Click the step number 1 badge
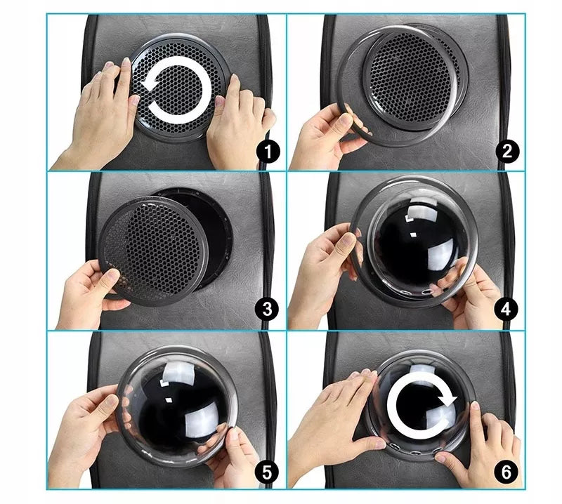[x=268, y=152]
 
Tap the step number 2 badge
[x=507, y=152]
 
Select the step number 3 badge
[x=268, y=309]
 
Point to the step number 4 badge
[x=506, y=309]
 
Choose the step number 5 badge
[x=267, y=472]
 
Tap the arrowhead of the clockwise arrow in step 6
[x=447, y=398]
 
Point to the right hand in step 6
[x=481, y=451]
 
